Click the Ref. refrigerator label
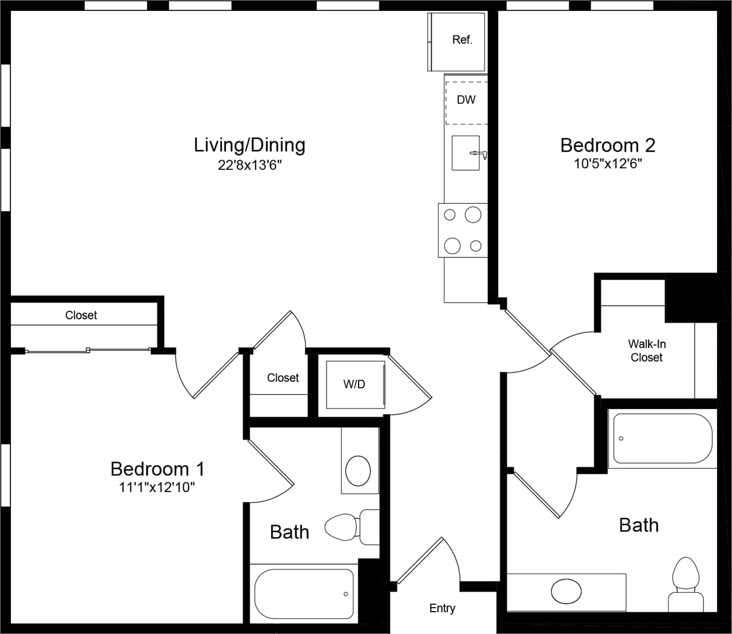tap(462, 39)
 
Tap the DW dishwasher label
tap(466, 100)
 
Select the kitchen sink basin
tap(465, 153)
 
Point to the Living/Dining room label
tap(249, 145)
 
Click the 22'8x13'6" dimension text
tap(250, 165)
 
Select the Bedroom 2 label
tap(607, 145)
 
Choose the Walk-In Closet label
tap(646, 351)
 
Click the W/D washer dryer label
tap(354, 385)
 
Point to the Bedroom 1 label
tap(157, 469)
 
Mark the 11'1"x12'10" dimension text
tap(157, 488)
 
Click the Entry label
tap(442, 608)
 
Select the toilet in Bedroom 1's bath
tap(349, 526)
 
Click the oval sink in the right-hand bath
tap(566, 591)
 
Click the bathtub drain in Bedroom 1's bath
tap(346, 594)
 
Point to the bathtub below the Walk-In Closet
tap(662, 439)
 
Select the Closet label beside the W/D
tap(283, 378)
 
